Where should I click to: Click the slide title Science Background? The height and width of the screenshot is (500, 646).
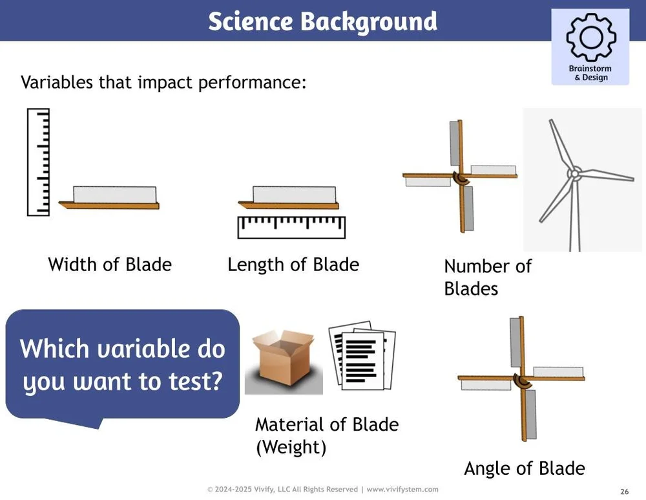[x=322, y=21]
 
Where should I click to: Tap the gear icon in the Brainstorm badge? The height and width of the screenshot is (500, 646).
[x=590, y=38]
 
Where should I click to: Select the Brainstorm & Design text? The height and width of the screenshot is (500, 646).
[x=590, y=73]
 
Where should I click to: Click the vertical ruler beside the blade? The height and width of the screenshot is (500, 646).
[x=38, y=162]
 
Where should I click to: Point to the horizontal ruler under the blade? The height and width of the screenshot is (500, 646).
[x=291, y=227]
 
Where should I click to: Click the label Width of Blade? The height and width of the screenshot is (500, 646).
[x=110, y=265]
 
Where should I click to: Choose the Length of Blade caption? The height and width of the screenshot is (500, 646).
[x=293, y=265]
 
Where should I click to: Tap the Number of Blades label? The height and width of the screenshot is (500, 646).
[x=487, y=277]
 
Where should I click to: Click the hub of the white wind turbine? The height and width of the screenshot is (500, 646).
[x=572, y=173]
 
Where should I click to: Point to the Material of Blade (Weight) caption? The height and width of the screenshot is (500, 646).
[x=326, y=435]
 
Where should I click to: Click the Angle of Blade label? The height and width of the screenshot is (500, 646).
[x=524, y=468]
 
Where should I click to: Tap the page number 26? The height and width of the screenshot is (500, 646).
[x=624, y=492]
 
